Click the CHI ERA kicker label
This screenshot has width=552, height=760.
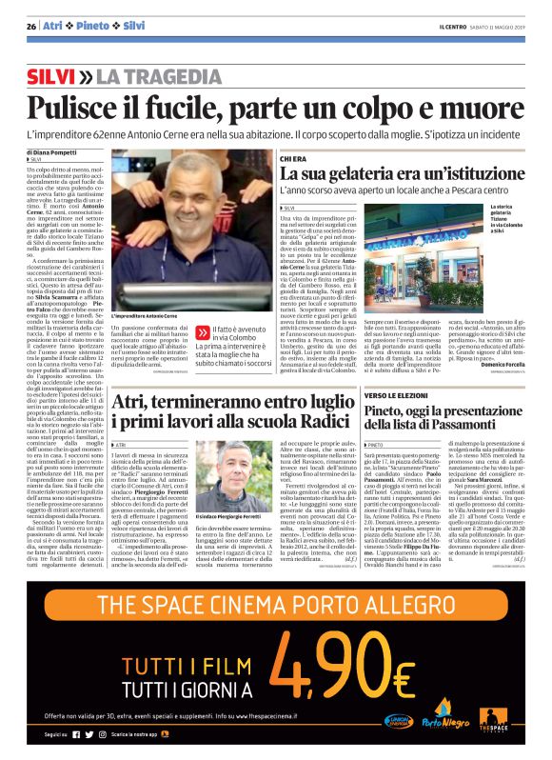tap(293, 158)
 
